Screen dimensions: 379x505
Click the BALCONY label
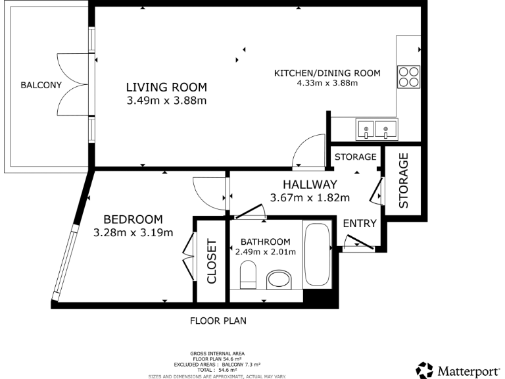tap(41, 85)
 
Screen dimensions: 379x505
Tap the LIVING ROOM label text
tap(166, 87)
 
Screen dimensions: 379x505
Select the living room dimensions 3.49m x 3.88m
tap(166, 101)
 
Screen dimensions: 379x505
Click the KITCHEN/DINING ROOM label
tap(327, 73)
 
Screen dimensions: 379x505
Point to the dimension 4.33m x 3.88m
tap(327, 83)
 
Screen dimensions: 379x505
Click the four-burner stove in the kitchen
tap(408, 76)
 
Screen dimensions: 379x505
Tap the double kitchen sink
tap(377, 128)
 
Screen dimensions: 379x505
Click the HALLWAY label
tap(310, 185)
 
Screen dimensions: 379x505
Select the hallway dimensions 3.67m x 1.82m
tap(310, 197)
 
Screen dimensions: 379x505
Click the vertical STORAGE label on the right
tap(404, 180)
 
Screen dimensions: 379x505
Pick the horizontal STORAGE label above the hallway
tap(355, 157)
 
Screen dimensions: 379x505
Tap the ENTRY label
tap(360, 224)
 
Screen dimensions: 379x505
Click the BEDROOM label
tap(133, 219)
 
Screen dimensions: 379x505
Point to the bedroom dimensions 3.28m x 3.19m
tap(133, 232)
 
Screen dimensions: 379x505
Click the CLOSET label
tap(212, 261)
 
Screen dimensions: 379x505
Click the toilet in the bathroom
tap(248, 274)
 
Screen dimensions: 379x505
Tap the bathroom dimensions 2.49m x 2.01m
tap(265, 251)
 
